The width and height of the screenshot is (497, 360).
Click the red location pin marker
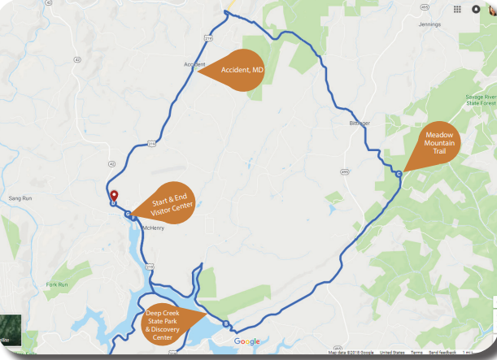(114, 196)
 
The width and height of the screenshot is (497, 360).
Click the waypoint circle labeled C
(399, 174)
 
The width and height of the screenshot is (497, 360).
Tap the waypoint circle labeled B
(225, 323)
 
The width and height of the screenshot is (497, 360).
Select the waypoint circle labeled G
(129, 214)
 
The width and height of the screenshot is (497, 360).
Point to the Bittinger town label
(360, 123)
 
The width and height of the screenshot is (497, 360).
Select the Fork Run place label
(57, 284)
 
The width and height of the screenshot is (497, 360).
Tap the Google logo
(247, 341)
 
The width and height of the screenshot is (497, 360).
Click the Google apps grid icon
(459, 10)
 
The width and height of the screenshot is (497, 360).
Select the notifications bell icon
(476, 10)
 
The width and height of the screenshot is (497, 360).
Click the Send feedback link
(443, 353)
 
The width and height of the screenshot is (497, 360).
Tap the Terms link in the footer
(416, 353)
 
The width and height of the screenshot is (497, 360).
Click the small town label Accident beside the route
(194, 64)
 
